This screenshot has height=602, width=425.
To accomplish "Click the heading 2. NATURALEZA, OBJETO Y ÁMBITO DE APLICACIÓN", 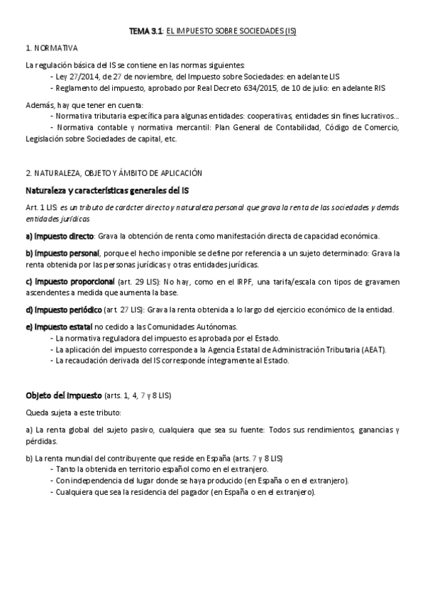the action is (114, 173).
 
